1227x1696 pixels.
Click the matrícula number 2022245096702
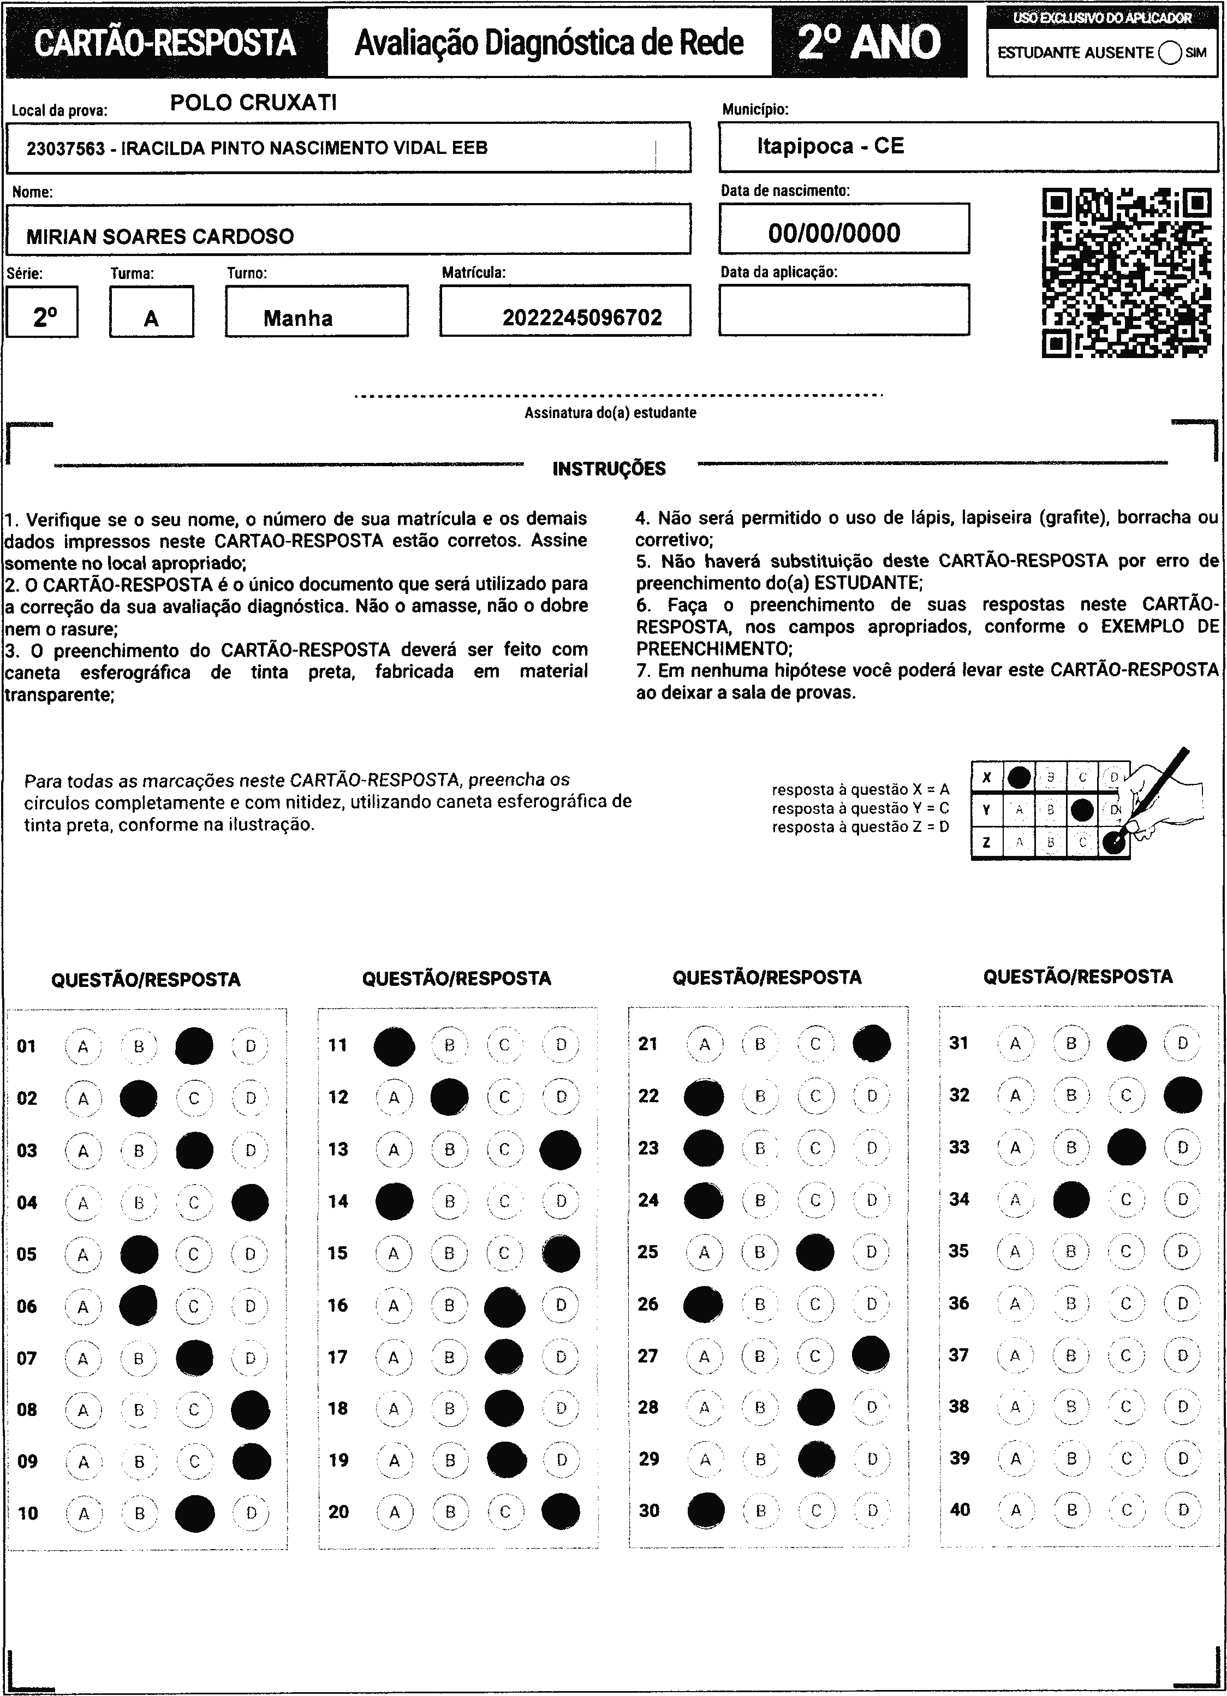click(582, 318)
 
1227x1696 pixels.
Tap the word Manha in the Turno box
click(297, 319)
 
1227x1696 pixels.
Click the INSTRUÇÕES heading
click(609, 469)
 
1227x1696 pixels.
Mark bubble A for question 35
click(1015, 1251)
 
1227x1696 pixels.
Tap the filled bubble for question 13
click(560, 1150)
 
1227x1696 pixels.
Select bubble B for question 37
click(1071, 1355)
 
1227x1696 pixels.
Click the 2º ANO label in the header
click(869, 43)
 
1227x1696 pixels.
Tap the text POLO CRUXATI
click(253, 103)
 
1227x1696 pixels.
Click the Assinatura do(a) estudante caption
click(610, 413)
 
